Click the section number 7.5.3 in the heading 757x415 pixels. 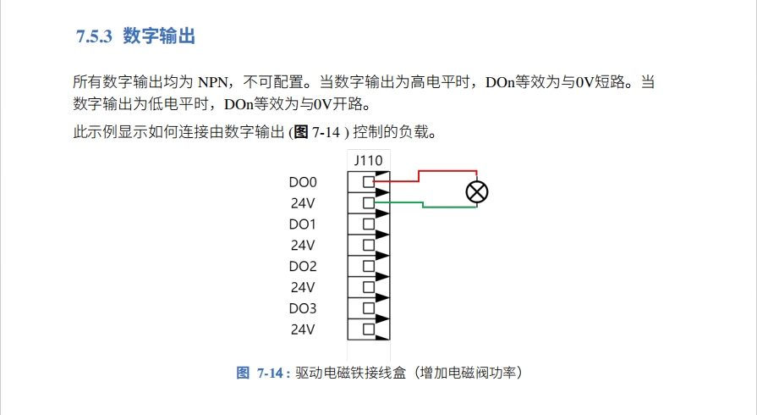pyautogui.click(x=94, y=36)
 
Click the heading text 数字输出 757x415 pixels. pyautogui.click(x=160, y=36)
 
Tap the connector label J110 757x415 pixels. pyautogui.click(x=368, y=159)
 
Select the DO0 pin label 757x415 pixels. pyautogui.click(x=302, y=182)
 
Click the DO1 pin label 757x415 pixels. pyautogui.click(x=302, y=224)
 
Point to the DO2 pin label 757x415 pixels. pyautogui.click(x=302, y=266)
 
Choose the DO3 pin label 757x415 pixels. pyautogui.click(x=302, y=308)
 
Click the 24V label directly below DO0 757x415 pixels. pyautogui.click(x=303, y=203)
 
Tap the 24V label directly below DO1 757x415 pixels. pyautogui.click(x=303, y=246)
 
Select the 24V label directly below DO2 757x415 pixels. pyautogui.click(x=303, y=287)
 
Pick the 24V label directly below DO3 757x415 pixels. pyautogui.click(x=303, y=329)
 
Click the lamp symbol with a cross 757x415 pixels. pyautogui.click(x=477, y=192)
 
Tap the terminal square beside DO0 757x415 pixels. pyautogui.click(x=368, y=181)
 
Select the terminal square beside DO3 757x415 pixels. pyautogui.click(x=368, y=307)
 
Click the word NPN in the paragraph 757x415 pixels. pyautogui.click(x=217, y=83)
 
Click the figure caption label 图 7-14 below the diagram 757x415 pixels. pyautogui.click(x=263, y=373)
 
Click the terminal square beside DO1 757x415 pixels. pyautogui.click(x=368, y=224)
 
